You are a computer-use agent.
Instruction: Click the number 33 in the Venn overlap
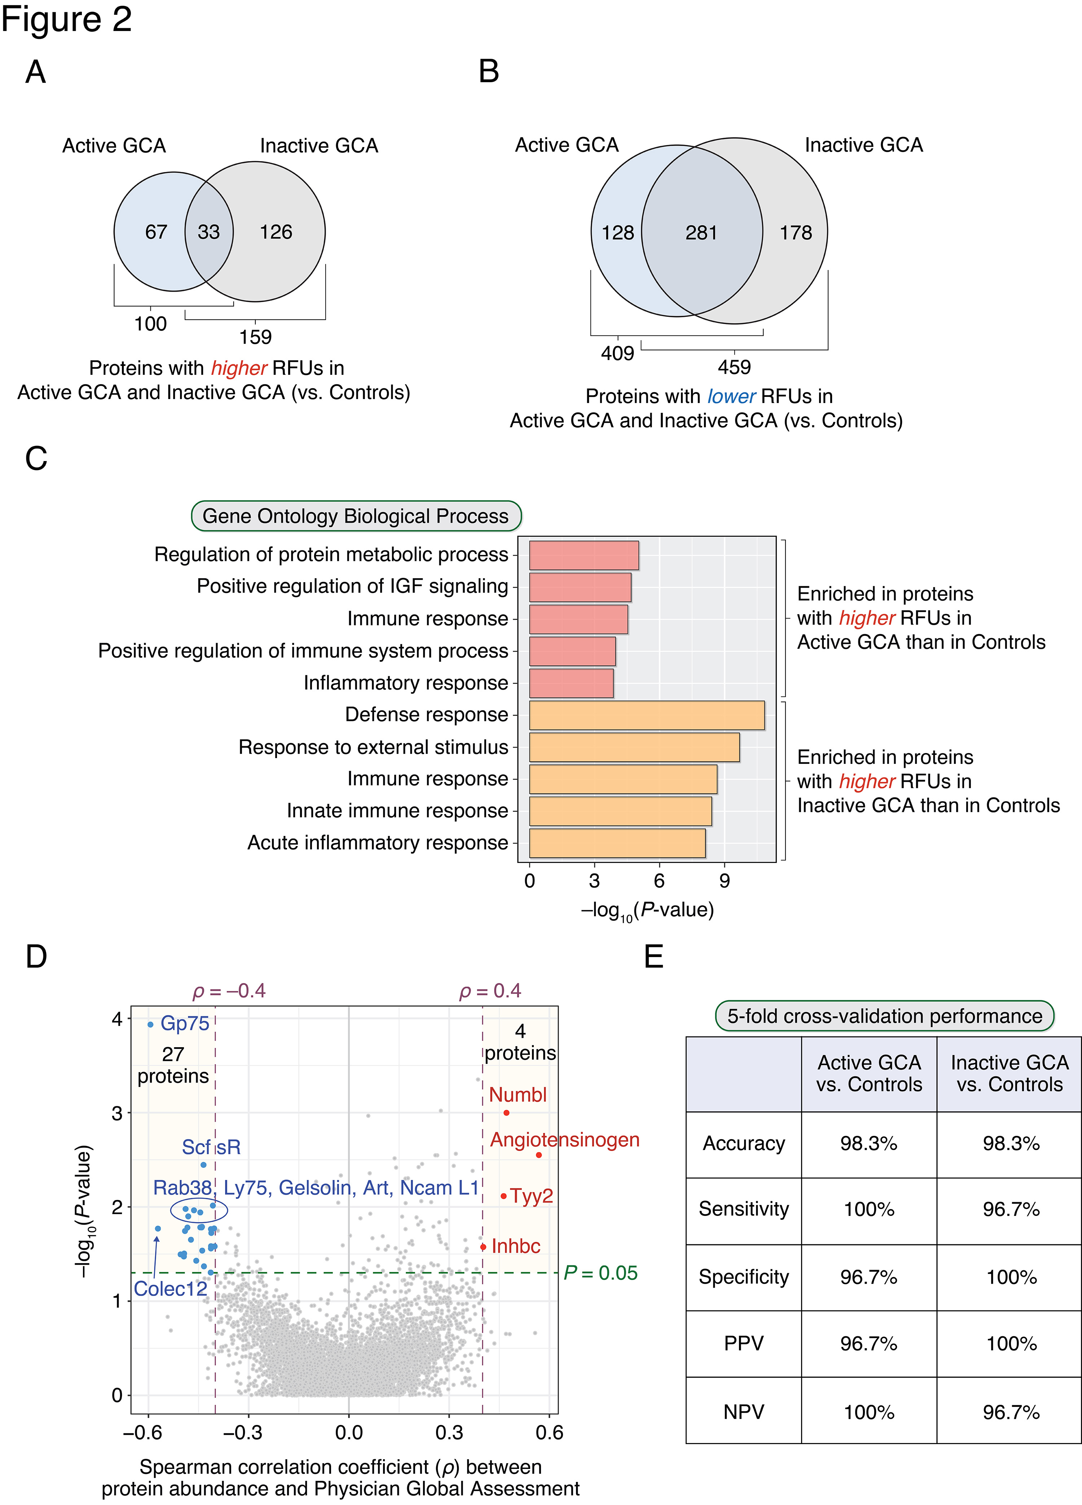point(208,232)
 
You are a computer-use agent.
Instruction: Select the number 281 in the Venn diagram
point(701,233)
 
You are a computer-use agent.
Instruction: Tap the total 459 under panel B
point(734,367)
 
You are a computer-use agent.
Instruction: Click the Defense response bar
point(647,715)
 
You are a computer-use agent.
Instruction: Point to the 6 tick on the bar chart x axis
point(659,881)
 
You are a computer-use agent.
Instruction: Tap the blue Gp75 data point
point(151,1024)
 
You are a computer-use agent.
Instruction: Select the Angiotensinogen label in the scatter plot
point(565,1140)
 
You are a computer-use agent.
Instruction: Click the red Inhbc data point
point(483,1247)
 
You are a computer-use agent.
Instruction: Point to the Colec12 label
point(171,1289)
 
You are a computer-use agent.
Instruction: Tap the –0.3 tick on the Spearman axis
point(243,1433)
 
